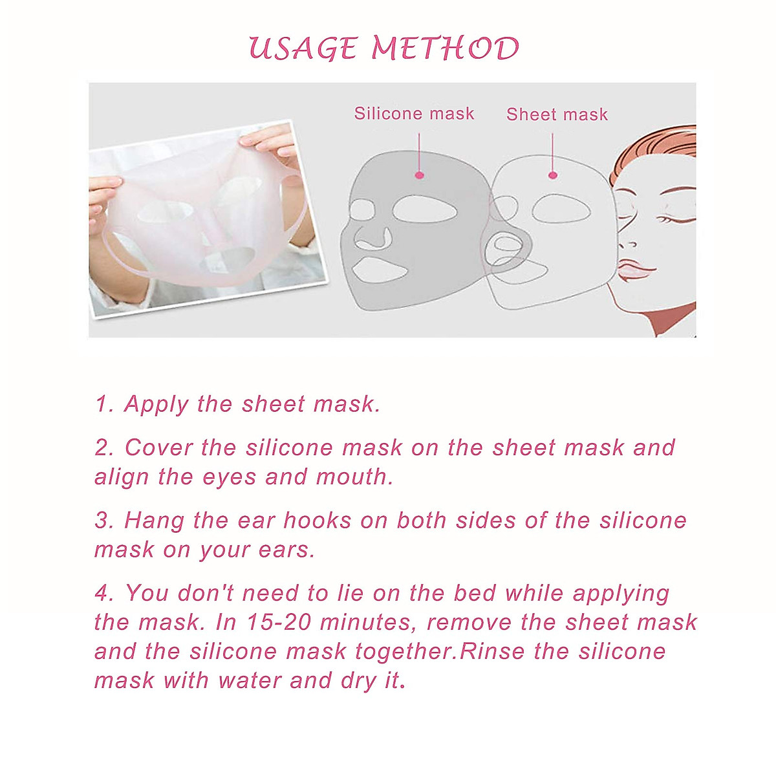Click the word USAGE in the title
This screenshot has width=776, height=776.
302,49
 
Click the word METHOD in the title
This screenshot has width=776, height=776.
446,49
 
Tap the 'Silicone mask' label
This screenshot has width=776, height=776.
414,114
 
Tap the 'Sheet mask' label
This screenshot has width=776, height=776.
557,114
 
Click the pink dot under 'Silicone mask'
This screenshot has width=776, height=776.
419,175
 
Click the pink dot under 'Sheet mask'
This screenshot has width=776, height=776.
552,175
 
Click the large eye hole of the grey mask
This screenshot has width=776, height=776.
424,209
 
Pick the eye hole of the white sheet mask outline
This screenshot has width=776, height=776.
560,208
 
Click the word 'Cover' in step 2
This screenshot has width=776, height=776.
158,447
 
